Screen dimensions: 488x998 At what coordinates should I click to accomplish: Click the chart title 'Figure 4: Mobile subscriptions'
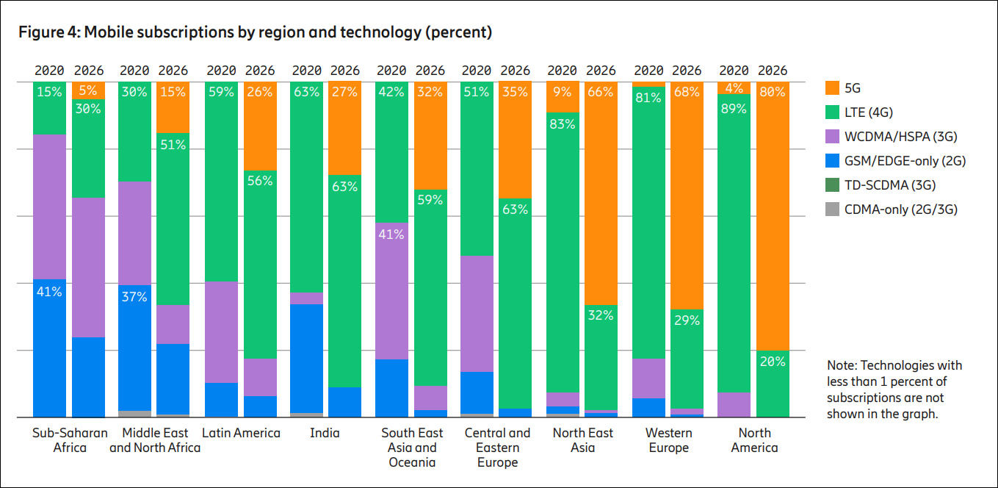point(255,32)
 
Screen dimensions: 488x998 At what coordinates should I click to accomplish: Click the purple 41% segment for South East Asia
point(391,290)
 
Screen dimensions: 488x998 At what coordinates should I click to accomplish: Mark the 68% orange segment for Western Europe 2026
point(687,195)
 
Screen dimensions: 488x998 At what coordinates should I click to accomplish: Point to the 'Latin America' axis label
point(241,433)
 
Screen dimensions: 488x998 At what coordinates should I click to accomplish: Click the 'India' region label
point(324,433)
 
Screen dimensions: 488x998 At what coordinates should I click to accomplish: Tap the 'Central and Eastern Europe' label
point(497,448)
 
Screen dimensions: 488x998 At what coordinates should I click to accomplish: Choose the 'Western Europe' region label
point(668,440)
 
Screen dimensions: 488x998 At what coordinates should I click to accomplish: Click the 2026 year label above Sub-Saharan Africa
point(89,71)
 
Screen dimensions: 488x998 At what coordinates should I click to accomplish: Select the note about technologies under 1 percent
point(894,390)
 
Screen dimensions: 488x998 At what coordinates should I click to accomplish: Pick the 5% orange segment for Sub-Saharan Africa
point(88,90)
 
